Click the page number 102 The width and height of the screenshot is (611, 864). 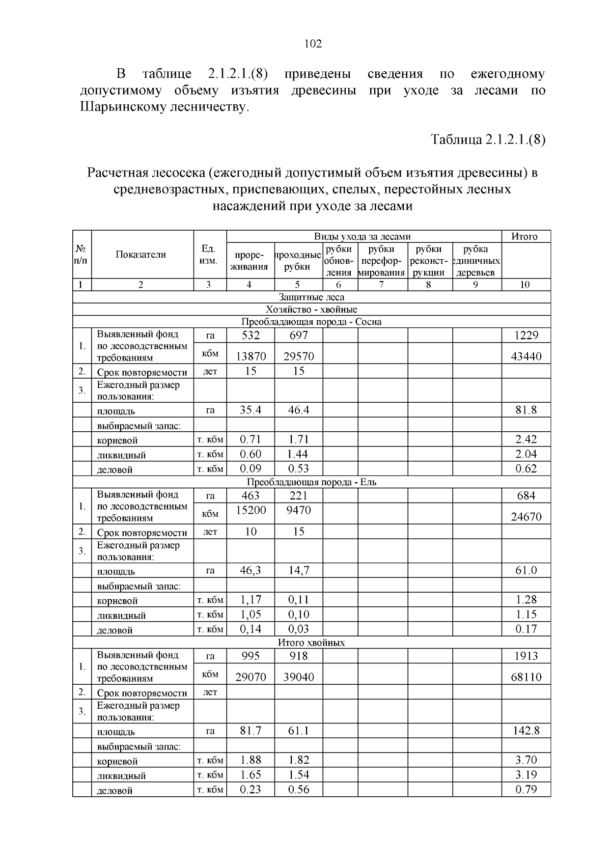click(313, 44)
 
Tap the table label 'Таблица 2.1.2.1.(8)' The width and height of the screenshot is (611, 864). click(488, 140)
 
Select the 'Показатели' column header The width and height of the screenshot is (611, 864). click(141, 255)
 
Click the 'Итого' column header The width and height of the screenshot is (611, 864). click(524, 236)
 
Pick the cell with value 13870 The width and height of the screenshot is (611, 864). click(251, 356)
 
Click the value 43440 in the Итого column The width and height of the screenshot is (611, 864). click(526, 356)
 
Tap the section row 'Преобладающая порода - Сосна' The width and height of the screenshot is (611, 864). click(311, 322)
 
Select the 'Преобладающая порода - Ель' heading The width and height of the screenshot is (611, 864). click(311, 482)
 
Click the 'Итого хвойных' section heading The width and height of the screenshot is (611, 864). click(311, 642)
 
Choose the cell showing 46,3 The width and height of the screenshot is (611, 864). click(251, 570)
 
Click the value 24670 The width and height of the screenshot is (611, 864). click(526, 517)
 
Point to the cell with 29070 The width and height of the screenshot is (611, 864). click(251, 677)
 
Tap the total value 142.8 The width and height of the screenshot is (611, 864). click(526, 731)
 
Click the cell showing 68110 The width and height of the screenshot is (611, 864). click(526, 677)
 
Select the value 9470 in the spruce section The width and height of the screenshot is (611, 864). click(298, 510)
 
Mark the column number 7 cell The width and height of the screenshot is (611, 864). click(382, 285)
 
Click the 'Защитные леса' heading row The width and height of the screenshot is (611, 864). click(311, 297)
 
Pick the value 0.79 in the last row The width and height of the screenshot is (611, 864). click(526, 790)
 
